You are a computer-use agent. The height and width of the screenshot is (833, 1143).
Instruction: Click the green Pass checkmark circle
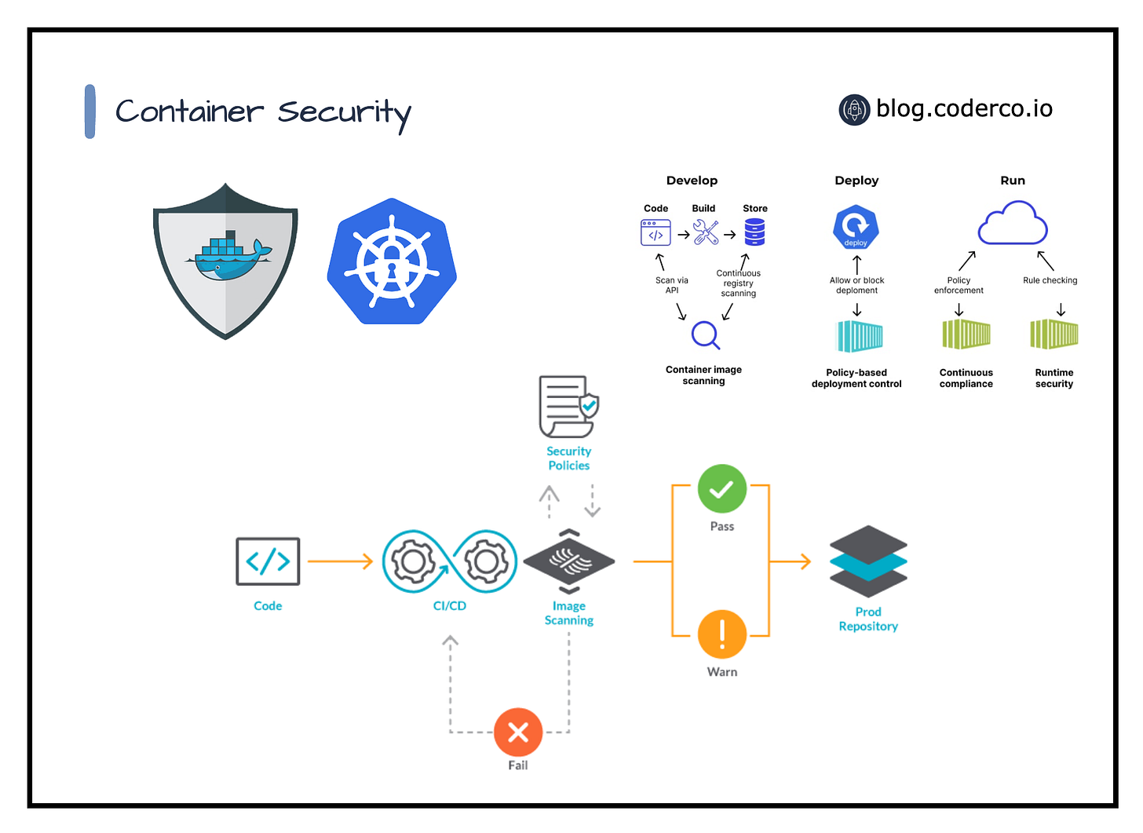point(721,489)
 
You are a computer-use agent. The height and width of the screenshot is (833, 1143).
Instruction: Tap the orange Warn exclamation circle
point(721,634)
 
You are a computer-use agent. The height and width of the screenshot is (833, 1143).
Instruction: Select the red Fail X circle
point(518,732)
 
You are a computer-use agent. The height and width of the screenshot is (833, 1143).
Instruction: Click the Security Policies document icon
point(568,407)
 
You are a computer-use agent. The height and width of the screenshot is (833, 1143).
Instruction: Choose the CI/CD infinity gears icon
point(450,561)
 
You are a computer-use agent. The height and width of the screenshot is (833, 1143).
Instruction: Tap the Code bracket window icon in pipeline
point(268,561)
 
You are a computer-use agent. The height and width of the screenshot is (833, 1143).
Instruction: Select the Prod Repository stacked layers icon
point(868,561)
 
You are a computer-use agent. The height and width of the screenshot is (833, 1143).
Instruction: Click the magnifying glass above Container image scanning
point(705,335)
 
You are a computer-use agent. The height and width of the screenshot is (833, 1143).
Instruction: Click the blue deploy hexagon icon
point(856,228)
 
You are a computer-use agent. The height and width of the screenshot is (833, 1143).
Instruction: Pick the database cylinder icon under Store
point(754,232)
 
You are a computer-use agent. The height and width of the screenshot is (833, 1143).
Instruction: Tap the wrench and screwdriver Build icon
point(706,232)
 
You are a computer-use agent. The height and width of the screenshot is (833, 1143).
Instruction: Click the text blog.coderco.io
point(964,108)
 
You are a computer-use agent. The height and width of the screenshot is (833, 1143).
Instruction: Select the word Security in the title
point(344,112)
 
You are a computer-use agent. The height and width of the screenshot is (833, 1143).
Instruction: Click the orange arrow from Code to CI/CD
point(340,561)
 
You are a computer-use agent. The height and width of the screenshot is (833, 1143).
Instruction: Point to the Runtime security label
point(1054,378)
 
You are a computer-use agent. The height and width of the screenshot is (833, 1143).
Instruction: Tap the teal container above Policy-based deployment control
point(860,337)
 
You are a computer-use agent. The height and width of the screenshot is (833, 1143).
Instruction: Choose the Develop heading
point(692,181)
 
